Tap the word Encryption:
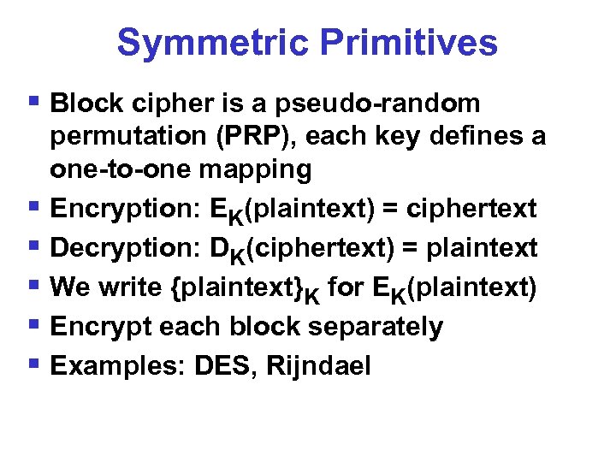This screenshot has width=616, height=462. (124, 209)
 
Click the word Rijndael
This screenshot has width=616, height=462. (319, 366)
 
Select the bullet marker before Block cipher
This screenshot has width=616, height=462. (35, 104)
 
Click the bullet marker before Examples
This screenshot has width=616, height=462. (35, 365)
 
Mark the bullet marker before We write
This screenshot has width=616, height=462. (35, 287)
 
